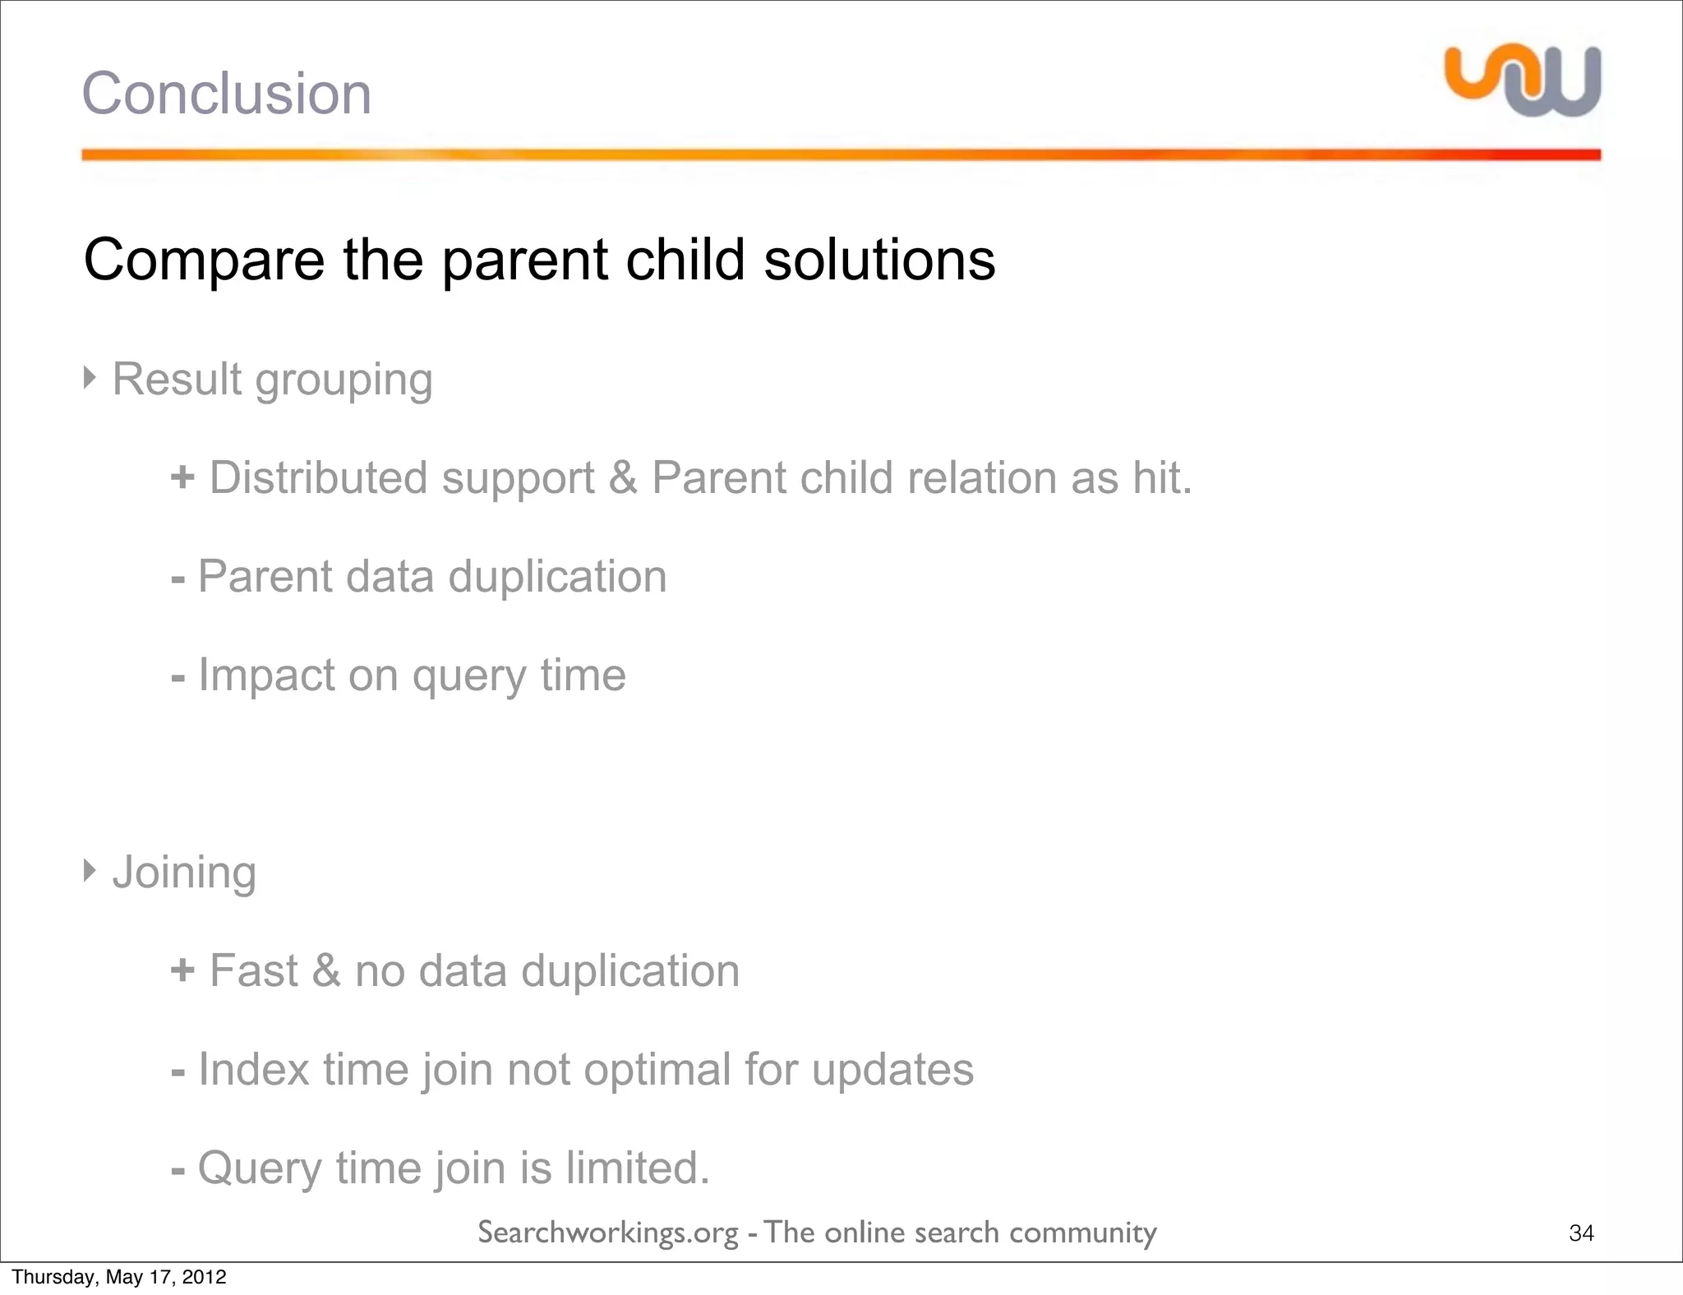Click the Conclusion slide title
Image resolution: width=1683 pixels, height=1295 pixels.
click(x=226, y=94)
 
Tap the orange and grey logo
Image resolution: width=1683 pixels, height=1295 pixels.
click(x=1523, y=81)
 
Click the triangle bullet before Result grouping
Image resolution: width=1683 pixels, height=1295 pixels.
click(x=90, y=377)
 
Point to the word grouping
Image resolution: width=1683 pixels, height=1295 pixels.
click(x=344, y=380)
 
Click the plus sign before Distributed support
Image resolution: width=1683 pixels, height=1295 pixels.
click(x=182, y=477)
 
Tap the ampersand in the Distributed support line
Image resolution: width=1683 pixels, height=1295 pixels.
click(x=623, y=477)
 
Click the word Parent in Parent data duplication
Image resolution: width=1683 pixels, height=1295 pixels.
click(x=265, y=576)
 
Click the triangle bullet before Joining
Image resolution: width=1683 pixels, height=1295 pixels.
click(x=90, y=869)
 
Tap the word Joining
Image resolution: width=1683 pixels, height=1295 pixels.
click(x=184, y=872)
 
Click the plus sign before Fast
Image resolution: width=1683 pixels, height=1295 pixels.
click(x=182, y=970)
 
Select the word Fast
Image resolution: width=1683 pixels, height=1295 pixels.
click(x=253, y=970)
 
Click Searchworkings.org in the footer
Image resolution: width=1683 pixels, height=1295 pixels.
click(x=608, y=1233)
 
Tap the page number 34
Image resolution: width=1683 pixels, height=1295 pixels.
click(x=1581, y=1233)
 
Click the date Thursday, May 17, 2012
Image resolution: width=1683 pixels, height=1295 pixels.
click(x=119, y=1277)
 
